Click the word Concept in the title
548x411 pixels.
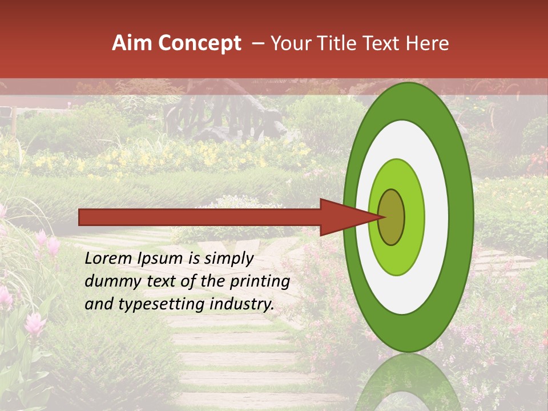199,43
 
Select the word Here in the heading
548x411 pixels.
428,43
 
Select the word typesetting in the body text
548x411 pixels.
155,305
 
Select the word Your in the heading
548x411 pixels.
289,43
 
